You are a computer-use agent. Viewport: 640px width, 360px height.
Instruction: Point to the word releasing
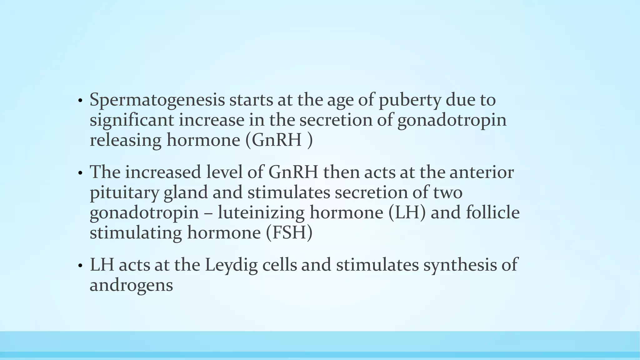[125, 141]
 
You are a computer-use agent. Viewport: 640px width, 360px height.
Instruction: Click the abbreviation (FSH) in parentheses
[289, 233]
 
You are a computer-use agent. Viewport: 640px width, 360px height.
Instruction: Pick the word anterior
[481, 172]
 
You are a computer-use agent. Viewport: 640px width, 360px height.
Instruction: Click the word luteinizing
[261, 213]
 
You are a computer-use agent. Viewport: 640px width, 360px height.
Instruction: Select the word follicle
[493, 213]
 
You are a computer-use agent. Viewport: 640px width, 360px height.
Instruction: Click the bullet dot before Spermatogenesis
[80, 101]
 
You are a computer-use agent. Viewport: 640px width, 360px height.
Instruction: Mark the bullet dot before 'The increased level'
[80, 173]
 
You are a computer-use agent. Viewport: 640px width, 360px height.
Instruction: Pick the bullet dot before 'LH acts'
[80, 266]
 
